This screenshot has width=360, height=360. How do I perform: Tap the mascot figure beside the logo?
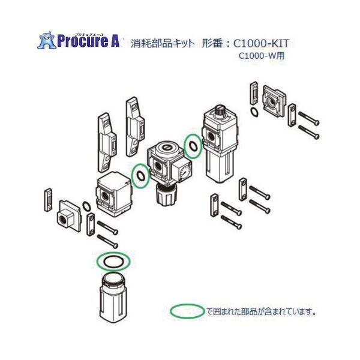(x=46, y=40)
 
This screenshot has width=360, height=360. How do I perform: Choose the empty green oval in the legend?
(x=187, y=311)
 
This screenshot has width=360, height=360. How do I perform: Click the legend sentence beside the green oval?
(x=261, y=311)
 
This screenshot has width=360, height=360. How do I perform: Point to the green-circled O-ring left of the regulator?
(x=140, y=176)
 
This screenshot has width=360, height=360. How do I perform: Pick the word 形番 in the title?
(x=213, y=43)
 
